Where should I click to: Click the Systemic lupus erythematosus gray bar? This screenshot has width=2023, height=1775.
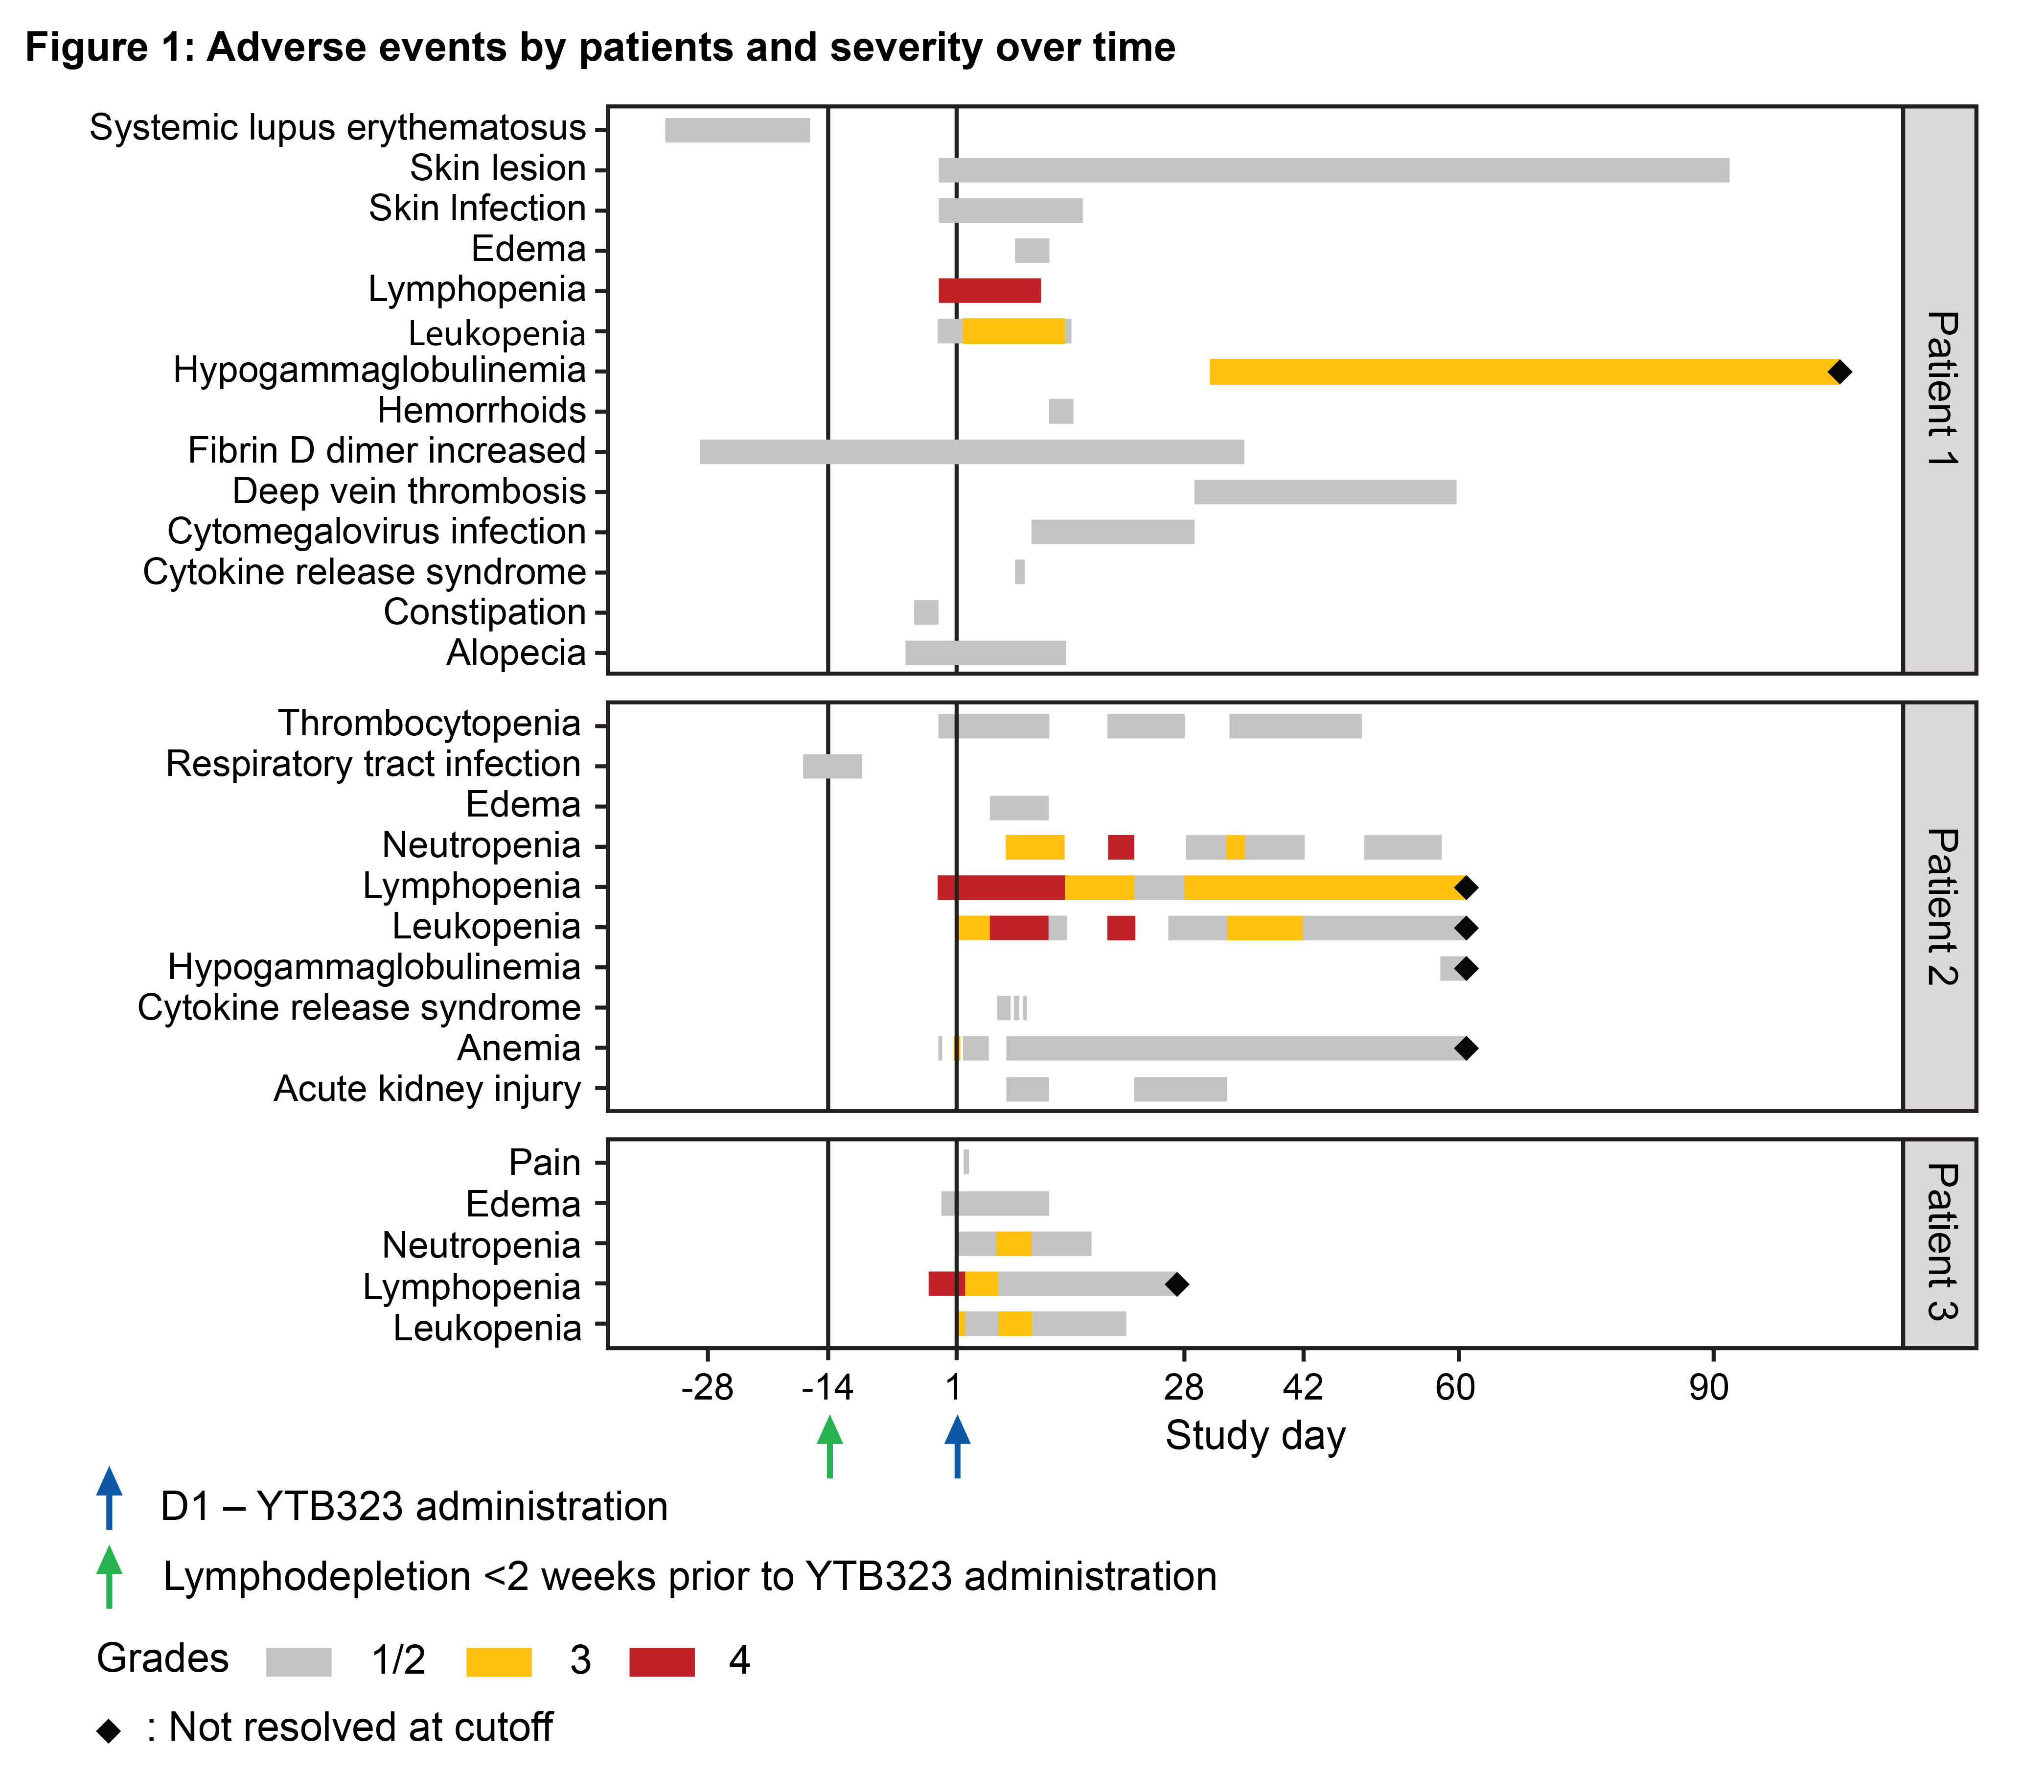coord(737,130)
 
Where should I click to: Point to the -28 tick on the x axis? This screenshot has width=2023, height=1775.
coord(708,1388)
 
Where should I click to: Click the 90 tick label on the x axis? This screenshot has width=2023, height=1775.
coord(1709,1388)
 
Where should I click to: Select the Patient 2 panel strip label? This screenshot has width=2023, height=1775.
coord(1940,907)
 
